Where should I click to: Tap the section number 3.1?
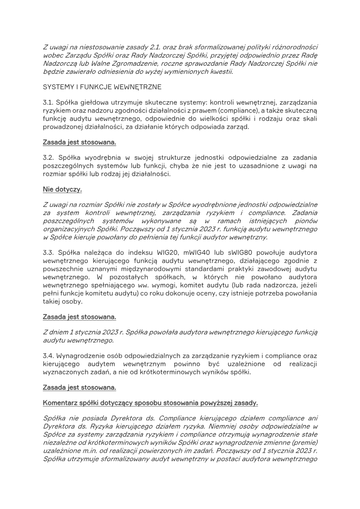48,102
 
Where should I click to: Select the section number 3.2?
48,158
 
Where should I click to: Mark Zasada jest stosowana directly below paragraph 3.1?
79,142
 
